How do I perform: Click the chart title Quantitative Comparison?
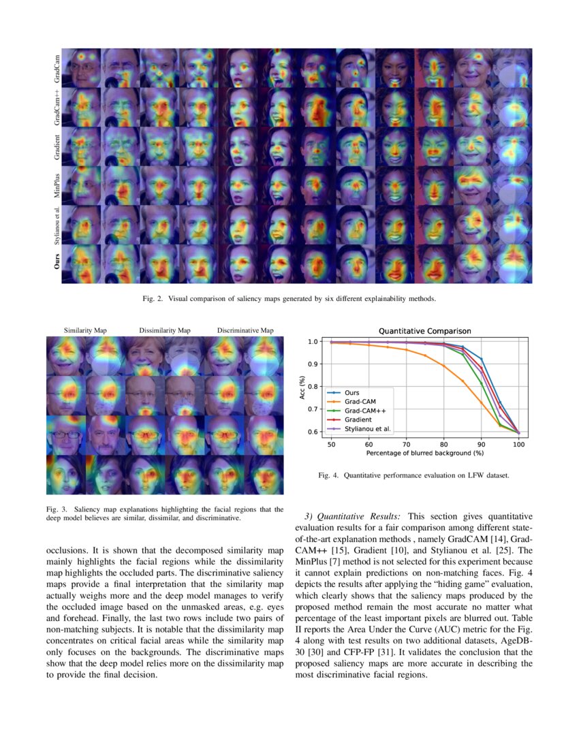424,331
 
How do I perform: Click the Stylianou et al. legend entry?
367,429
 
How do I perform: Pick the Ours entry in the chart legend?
352,393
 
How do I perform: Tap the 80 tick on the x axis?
443,444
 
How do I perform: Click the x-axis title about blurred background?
424,453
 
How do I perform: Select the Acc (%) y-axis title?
302,386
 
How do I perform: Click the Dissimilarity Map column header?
165,331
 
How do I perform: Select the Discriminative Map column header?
245,331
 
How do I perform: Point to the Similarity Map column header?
85,331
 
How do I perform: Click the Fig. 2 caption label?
152,299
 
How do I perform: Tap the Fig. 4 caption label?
328,475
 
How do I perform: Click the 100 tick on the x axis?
519,444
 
